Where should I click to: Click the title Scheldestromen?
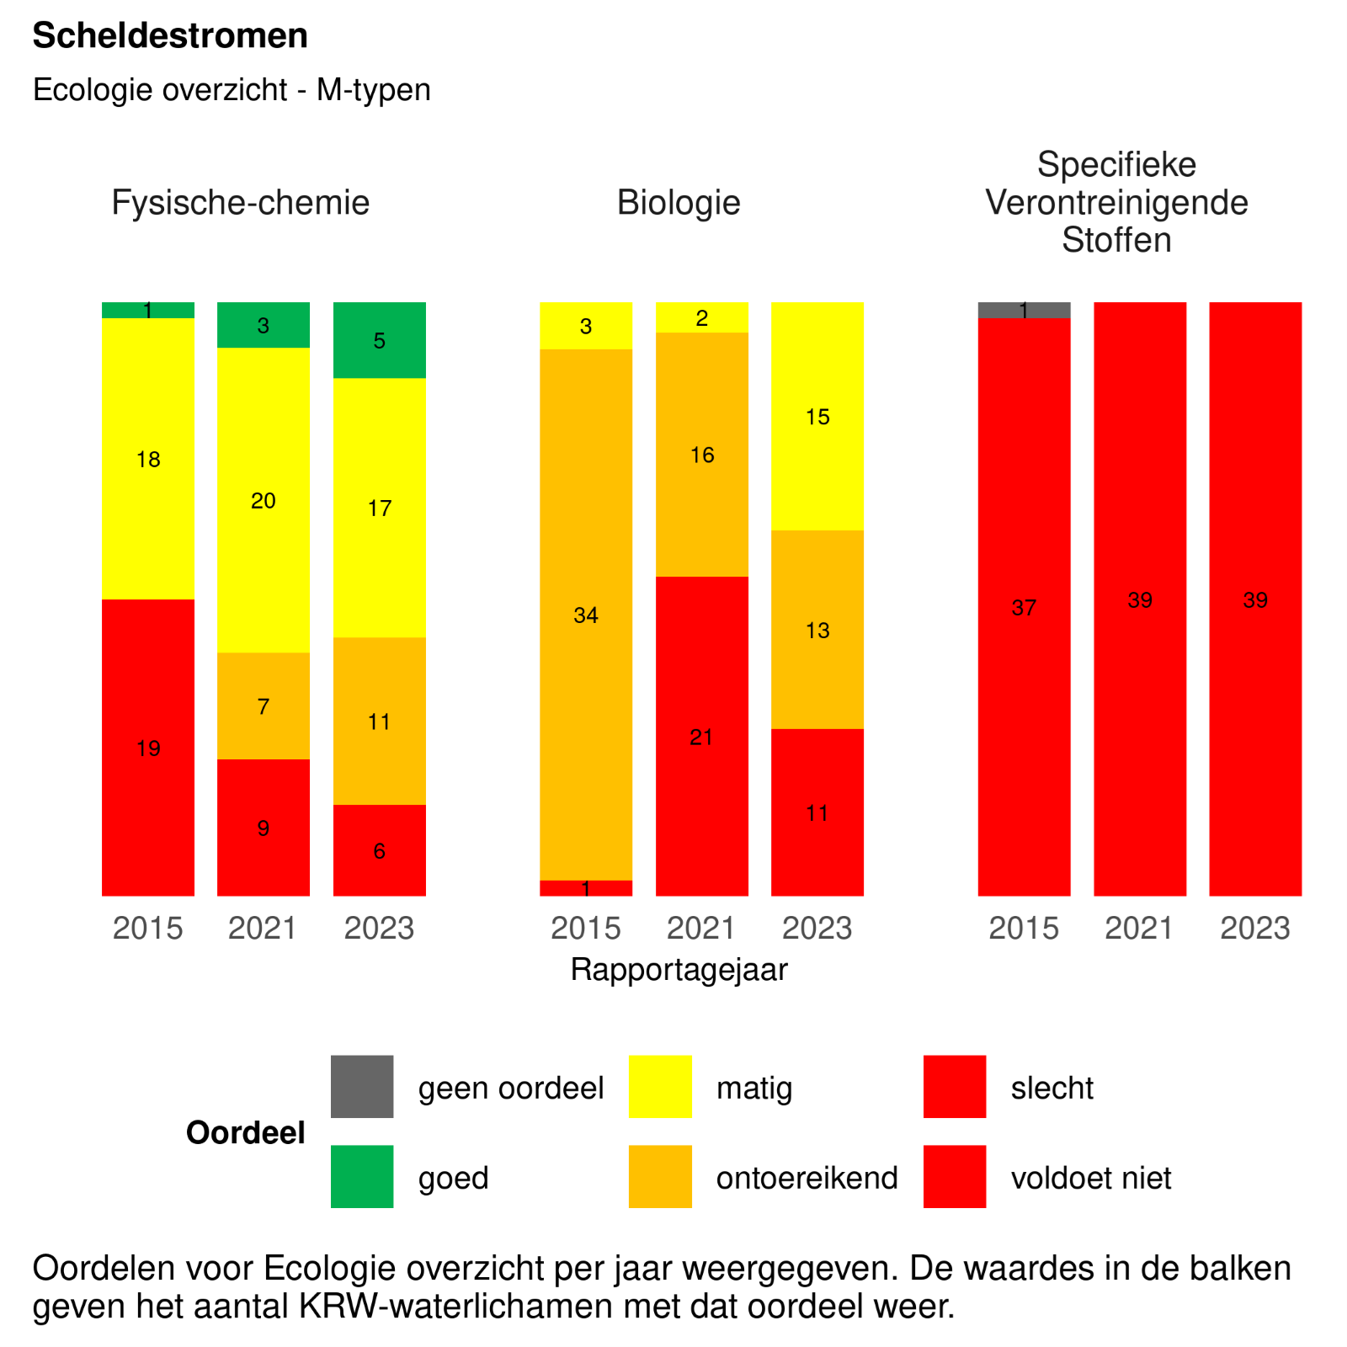click(169, 36)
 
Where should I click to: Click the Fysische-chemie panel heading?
click(240, 203)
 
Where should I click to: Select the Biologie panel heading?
click(679, 203)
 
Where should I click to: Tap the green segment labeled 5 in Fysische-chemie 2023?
click(379, 340)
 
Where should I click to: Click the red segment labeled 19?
click(148, 748)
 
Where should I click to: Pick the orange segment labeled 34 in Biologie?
click(586, 615)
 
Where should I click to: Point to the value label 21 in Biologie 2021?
click(701, 737)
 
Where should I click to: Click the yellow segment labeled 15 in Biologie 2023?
click(817, 416)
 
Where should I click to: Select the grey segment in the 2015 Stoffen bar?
click(1024, 310)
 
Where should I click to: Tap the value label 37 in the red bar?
click(1024, 607)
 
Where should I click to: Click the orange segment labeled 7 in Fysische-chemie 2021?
click(264, 705)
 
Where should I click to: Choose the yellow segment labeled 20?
click(264, 500)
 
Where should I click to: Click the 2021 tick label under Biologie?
click(701, 928)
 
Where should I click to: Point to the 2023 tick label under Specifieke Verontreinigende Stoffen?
click(1255, 928)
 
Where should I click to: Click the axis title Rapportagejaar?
click(679, 969)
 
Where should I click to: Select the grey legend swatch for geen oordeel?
click(362, 1086)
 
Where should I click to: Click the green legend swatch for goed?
click(362, 1176)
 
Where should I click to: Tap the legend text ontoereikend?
click(807, 1177)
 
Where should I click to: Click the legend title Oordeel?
click(245, 1132)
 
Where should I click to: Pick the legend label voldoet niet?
click(1090, 1177)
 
